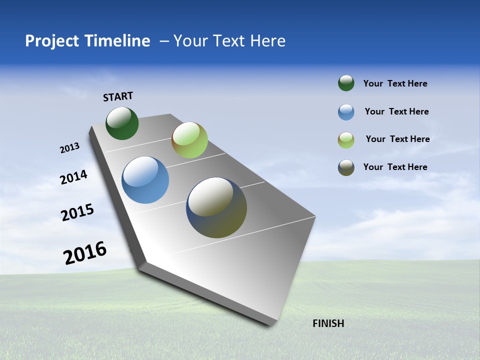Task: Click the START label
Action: click(118, 96)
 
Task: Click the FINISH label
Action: click(328, 323)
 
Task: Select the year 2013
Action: click(69, 148)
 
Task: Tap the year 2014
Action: click(73, 177)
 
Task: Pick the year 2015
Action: click(77, 212)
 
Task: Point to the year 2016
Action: click(85, 253)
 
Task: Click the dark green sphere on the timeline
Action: click(122, 123)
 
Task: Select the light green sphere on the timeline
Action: click(189, 140)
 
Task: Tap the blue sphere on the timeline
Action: click(145, 180)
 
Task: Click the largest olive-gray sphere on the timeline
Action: click(216, 207)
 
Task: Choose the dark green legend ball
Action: click(346, 83)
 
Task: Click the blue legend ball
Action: click(346, 112)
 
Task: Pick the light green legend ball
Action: click(346, 140)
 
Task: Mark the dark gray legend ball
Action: click(346, 167)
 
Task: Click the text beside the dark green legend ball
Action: click(395, 83)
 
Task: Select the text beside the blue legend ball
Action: click(396, 111)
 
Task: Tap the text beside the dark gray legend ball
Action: click(395, 167)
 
